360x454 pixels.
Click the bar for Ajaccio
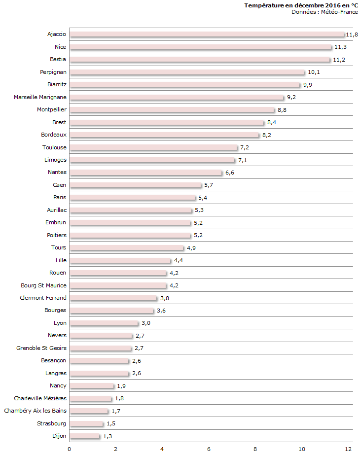coord(207,35)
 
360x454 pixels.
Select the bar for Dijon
coord(84,436)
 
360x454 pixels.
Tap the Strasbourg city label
coord(52,423)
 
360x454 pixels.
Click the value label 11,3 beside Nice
coord(340,47)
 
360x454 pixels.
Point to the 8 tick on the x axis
coord(255,449)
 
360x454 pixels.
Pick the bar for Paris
coord(132,198)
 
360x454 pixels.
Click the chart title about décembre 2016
coord(301,5)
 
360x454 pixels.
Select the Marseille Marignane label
coord(40,97)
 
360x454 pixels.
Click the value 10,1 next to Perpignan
coord(314,72)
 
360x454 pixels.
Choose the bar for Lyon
coord(104,323)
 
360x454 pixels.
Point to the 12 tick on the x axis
coord(348,449)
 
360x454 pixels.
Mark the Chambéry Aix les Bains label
coord(35,411)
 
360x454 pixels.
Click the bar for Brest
coord(167,122)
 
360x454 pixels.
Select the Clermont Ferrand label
coord(43,298)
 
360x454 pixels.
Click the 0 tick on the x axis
coord(70,449)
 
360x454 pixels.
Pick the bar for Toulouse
coord(153,147)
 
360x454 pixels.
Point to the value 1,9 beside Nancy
coord(121,386)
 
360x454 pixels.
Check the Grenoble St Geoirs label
coord(41,348)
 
